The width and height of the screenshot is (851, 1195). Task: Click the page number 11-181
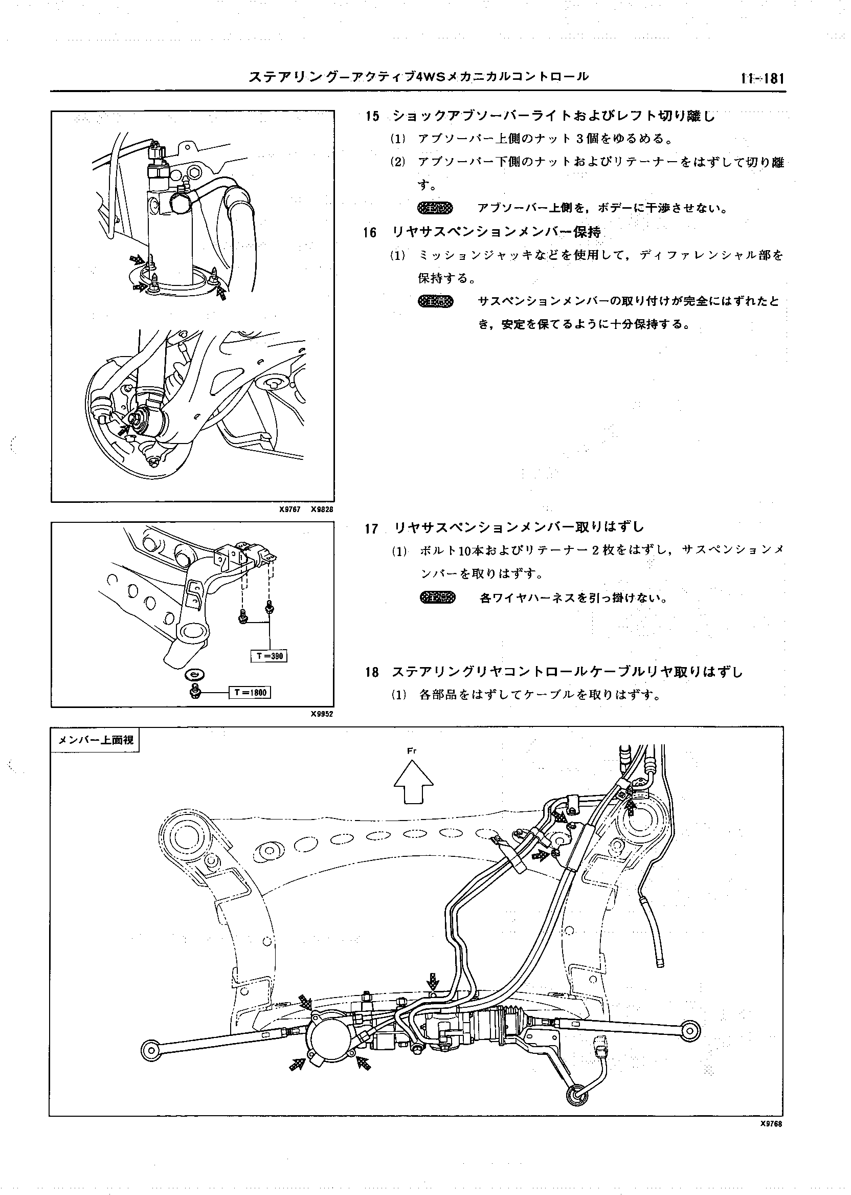[x=762, y=79]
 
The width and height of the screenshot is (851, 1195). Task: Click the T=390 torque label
[x=270, y=656]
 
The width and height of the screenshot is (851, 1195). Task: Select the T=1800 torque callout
[x=251, y=692]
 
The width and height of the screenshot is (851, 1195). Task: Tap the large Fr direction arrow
[x=413, y=782]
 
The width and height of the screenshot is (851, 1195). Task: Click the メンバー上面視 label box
[x=95, y=740]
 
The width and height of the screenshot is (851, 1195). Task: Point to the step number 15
[x=372, y=116]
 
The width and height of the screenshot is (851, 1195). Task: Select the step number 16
[x=370, y=232]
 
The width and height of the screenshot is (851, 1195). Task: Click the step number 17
[x=371, y=528]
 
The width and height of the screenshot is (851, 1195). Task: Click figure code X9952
[x=321, y=713]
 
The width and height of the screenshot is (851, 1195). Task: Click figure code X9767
[x=289, y=509]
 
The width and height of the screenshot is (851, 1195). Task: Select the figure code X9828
[x=321, y=509]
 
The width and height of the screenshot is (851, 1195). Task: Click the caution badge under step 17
[x=438, y=597]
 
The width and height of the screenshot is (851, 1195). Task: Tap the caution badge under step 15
[x=435, y=208]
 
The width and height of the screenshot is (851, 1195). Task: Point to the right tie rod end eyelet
[x=691, y=1029]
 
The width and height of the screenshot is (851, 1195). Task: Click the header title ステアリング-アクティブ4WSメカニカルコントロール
[x=418, y=77]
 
